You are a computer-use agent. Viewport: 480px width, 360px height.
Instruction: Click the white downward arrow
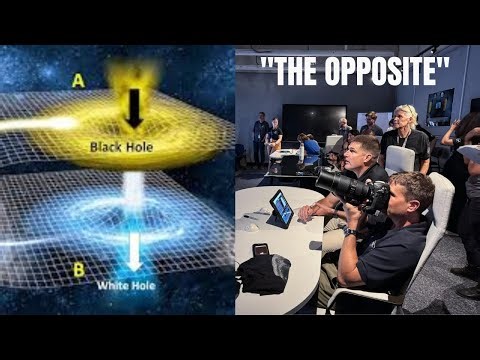(133, 251)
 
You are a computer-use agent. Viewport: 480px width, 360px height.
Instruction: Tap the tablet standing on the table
(281, 208)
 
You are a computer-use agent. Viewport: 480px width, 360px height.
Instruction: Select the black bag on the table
(262, 272)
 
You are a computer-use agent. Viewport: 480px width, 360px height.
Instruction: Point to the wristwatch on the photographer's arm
(349, 233)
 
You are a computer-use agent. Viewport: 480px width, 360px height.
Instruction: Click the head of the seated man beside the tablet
(362, 154)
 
